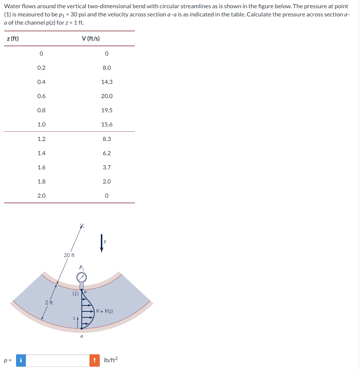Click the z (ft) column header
[x=13, y=38]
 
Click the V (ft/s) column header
[x=90, y=38]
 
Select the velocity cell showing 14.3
[x=106, y=82]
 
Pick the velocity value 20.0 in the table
[x=106, y=96]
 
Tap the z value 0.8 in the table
[x=41, y=110]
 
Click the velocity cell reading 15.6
[x=106, y=125]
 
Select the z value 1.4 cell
[x=41, y=153]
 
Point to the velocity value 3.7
[x=106, y=167]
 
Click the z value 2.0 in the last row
[x=41, y=195]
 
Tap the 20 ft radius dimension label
[x=69, y=255]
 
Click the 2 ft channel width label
[x=49, y=302]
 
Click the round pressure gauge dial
[x=82, y=277]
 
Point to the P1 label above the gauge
[x=82, y=267]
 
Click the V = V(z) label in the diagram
[x=105, y=311]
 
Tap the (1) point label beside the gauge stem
[x=75, y=294]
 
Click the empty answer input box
[x=58, y=360]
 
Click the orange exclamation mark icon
[x=94, y=360]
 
